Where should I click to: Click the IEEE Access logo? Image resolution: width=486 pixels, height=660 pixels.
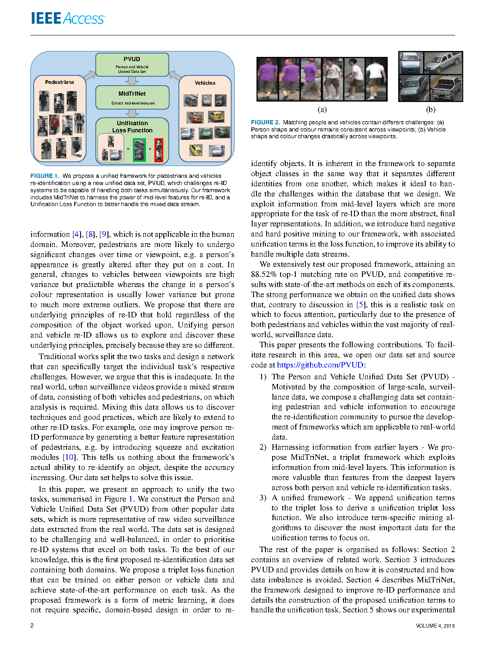(x=68, y=19)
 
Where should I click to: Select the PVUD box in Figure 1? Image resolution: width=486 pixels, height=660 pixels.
(x=132, y=64)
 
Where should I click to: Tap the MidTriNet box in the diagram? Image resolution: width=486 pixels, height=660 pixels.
(x=132, y=97)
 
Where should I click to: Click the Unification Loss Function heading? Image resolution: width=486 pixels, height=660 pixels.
(x=132, y=127)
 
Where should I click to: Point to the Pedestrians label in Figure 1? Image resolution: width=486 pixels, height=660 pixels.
(x=59, y=82)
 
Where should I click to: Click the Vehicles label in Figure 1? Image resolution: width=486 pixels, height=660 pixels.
(x=205, y=83)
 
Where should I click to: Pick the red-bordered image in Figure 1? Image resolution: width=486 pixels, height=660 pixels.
(x=159, y=150)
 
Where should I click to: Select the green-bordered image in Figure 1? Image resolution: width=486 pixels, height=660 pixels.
(x=139, y=150)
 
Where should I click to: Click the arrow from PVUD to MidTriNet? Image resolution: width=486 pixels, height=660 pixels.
(x=132, y=80)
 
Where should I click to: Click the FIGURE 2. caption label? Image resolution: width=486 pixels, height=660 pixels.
(x=265, y=122)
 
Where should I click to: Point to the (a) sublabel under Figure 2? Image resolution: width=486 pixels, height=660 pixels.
(x=322, y=110)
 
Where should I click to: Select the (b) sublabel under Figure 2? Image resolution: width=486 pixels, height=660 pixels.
(x=430, y=110)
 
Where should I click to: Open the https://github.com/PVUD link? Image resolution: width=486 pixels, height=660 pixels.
(x=320, y=365)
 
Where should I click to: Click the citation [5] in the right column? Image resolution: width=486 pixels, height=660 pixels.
(x=360, y=305)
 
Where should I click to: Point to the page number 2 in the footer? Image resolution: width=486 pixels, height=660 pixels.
(x=32, y=625)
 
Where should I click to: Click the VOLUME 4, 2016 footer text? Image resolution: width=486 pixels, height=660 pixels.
(x=435, y=626)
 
